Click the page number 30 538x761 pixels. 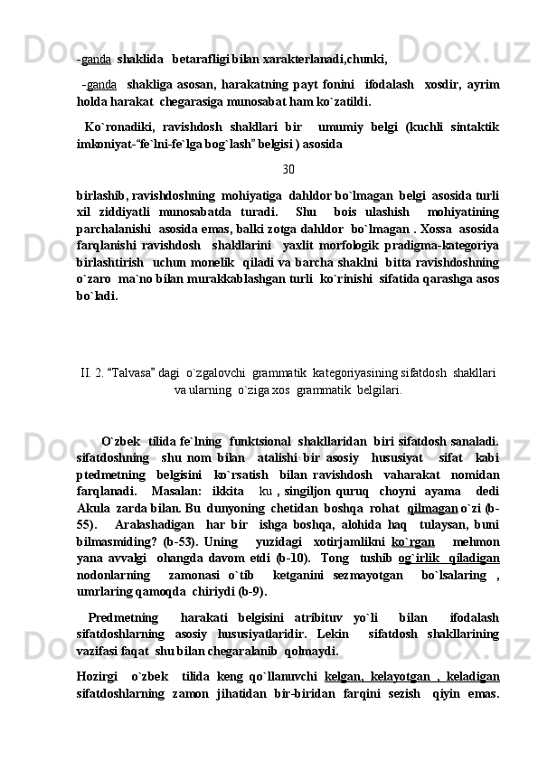coord(288,169)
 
